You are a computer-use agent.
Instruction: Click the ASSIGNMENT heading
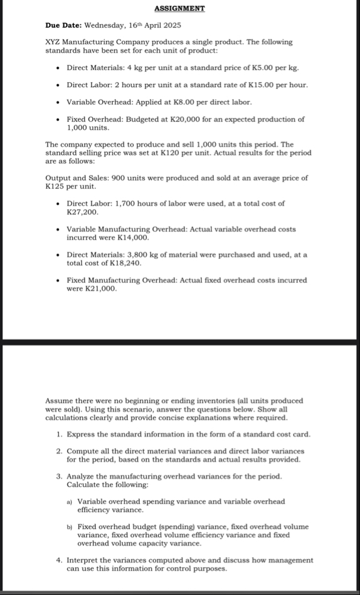coord(180,9)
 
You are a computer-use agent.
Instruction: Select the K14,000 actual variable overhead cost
coord(135,238)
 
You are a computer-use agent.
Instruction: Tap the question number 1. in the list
coord(58,434)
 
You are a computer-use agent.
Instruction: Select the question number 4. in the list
coord(58,561)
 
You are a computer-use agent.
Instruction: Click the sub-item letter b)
coord(70,527)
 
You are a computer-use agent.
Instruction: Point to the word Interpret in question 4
coord(82,561)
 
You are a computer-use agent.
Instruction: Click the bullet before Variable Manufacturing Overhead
coord(58,230)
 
